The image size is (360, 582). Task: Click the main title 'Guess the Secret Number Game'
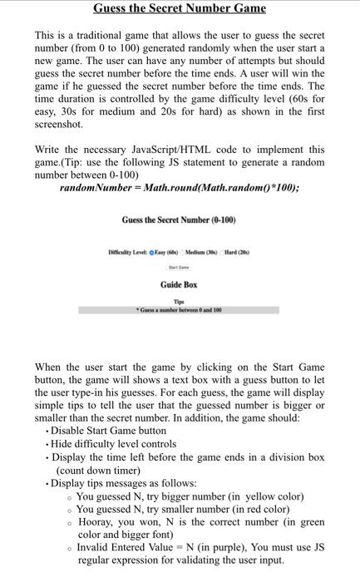[180, 9]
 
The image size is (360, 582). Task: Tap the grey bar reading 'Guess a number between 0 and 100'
[179, 309]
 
